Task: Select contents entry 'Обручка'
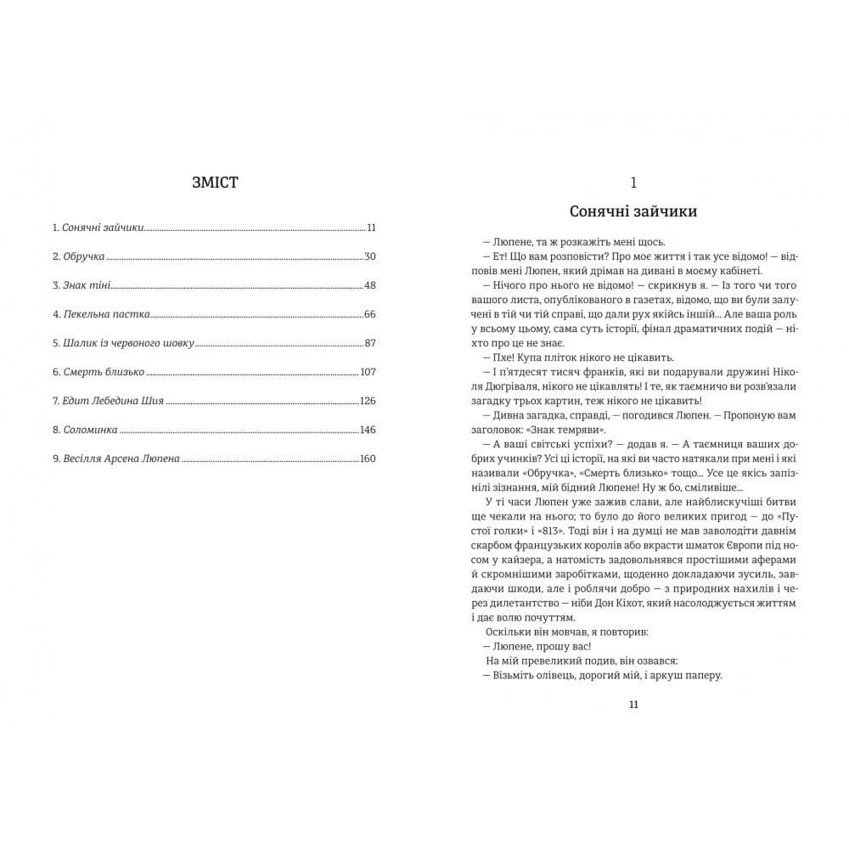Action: coord(82,256)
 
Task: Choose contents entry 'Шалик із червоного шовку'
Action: coord(128,343)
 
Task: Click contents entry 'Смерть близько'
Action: coord(103,372)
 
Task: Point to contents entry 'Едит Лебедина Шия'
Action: coord(112,401)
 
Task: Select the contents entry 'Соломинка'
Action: coord(89,430)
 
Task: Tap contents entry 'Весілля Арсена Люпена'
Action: coord(121,458)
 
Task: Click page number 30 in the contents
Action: coord(369,256)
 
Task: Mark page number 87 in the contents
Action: coord(369,343)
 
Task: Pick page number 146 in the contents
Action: coord(367,430)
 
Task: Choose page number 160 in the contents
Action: coord(367,458)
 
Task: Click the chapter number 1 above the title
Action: coord(633,182)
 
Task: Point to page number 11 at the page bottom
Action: coord(633,704)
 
